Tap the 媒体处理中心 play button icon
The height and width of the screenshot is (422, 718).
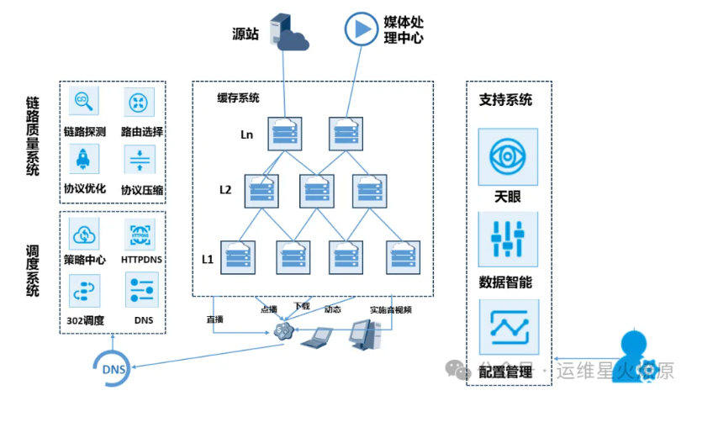(x=362, y=29)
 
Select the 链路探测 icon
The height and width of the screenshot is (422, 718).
(x=84, y=103)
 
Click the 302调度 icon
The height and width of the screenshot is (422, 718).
(x=85, y=290)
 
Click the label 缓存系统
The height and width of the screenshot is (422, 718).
(x=238, y=98)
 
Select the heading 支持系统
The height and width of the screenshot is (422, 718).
(x=505, y=100)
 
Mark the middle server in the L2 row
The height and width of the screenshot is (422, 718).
(x=316, y=191)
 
